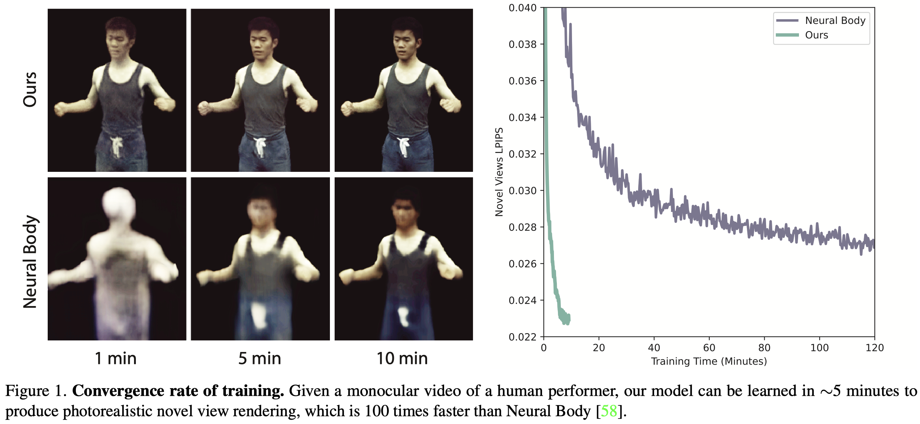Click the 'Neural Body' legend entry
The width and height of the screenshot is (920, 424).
tap(835, 21)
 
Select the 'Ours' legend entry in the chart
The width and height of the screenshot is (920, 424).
tap(816, 35)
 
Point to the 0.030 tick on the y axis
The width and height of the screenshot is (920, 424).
tap(523, 191)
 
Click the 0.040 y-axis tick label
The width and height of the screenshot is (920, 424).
tap(523, 8)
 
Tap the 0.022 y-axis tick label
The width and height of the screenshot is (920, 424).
tap(523, 337)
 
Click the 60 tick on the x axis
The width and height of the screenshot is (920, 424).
tap(709, 348)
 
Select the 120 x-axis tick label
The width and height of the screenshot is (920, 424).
tap(874, 348)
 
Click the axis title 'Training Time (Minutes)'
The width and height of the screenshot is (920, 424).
tap(709, 361)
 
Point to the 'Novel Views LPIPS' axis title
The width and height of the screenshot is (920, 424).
tap(499, 172)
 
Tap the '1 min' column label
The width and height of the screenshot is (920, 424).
tap(116, 359)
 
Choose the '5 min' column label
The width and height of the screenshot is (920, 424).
tap(259, 359)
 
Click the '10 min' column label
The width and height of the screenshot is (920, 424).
tap(402, 359)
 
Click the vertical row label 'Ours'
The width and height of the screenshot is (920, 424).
tap(30, 89)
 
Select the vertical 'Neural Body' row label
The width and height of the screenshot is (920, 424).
tap(30, 262)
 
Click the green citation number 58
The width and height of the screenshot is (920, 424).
tap(609, 411)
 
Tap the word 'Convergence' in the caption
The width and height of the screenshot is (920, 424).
tap(117, 391)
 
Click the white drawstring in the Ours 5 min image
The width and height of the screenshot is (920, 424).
tap(260, 146)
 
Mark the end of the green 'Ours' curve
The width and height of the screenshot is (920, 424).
tap(569, 318)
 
